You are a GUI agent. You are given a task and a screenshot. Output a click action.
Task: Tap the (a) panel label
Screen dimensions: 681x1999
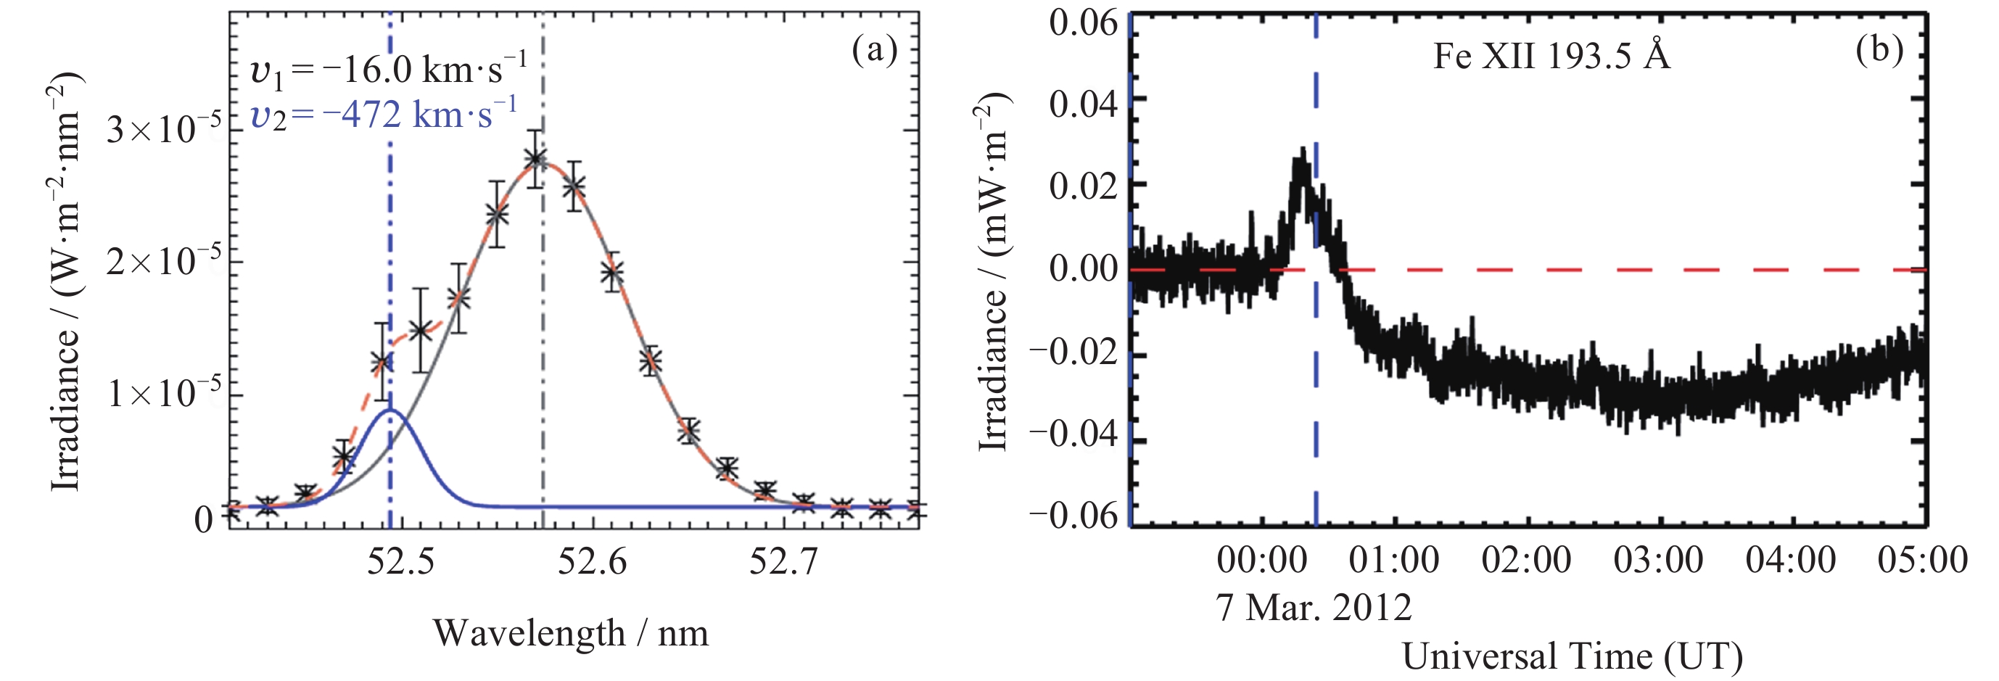[874, 51]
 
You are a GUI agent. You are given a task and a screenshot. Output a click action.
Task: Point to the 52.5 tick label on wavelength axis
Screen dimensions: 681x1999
[400, 561]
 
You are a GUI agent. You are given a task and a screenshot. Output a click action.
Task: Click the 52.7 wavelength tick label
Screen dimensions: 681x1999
[783, 561]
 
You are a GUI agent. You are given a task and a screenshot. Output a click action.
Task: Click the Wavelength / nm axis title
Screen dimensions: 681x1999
[570, 633]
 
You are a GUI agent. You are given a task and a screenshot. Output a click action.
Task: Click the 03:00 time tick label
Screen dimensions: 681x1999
[1658, 560]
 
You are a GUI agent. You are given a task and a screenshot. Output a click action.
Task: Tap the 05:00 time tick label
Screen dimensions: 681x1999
[1922, 560]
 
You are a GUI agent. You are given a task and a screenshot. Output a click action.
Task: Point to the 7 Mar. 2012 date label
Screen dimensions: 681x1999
[1313, 607]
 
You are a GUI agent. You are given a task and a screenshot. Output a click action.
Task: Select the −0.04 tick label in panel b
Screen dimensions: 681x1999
[1074, 433]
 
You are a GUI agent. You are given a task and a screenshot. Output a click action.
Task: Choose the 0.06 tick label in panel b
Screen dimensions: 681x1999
[1084, 23]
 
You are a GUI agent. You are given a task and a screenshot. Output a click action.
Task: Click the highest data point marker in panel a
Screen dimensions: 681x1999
[534, 159]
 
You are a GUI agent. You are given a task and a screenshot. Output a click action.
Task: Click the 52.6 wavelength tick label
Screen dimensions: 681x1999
[592, 561]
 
